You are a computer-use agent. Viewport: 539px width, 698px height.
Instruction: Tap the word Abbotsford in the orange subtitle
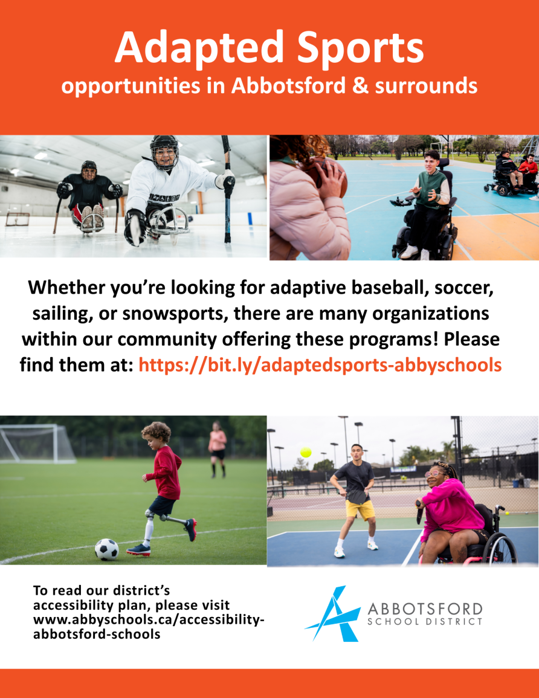pos(288,85)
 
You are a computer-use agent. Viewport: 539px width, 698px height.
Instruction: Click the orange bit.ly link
pos(320,364)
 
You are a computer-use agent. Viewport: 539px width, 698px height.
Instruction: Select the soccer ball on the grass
pos(107,549)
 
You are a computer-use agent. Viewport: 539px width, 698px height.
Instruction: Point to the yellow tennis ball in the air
pos(306,452)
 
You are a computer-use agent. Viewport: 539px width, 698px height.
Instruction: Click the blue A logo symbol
pos(333,614)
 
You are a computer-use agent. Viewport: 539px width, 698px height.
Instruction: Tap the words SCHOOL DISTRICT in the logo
pos(425,621)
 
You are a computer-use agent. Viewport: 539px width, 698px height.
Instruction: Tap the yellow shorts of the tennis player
pos(360,509)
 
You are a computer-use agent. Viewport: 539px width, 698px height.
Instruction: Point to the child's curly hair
pos(157,431)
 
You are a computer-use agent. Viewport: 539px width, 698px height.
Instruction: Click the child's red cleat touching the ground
pos(138,550)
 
